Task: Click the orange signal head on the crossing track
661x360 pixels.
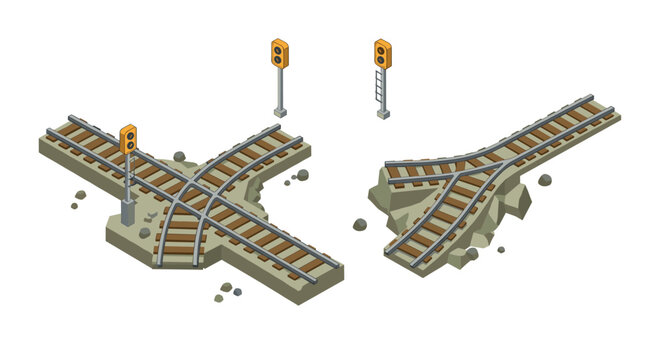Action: click(x=128, y=139)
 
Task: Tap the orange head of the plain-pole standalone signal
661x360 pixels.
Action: click(x=279, y=53)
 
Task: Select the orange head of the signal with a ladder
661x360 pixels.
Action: click(x=383, y=53)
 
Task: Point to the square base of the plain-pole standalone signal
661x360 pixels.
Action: click(x=280, y=112)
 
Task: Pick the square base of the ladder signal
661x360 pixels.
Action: click(x=383, y=114)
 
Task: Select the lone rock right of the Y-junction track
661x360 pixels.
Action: click(x=545, y=181)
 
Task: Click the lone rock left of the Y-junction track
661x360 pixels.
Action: click(x=360, y=224)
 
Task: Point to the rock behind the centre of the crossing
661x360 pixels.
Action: click(x=180, y=157)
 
